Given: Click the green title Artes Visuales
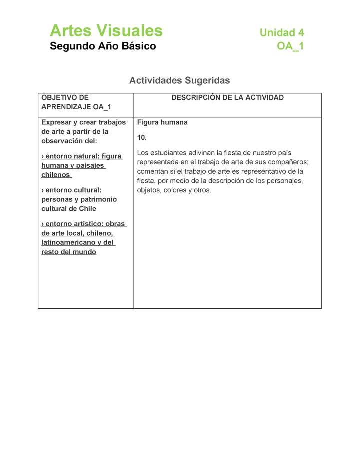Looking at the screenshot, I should click(106, 31).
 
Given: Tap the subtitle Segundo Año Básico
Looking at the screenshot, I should click(103, 46).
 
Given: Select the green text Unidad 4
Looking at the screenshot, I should click(281, 33).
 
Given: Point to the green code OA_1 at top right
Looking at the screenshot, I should click(290, 46).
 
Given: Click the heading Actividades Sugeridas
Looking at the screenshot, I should click(179, 80).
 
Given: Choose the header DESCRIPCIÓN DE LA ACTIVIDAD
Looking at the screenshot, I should click(227, 98).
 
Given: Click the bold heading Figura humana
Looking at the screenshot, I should click(162, 122).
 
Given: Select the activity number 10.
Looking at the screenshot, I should click(142, 137).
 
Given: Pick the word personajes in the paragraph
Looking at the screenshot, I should click(285, 181).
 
